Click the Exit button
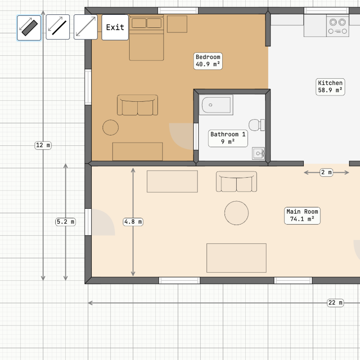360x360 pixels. pos(115,27)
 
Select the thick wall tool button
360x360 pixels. pos(29,28)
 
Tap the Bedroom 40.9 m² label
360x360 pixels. pos(208,61)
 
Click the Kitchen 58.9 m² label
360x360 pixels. pos(330,87)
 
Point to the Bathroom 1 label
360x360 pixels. pos(228,138)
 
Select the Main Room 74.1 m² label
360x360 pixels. pos(302,216)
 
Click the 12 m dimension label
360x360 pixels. pos(43,145)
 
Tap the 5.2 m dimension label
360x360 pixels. pos(66,222)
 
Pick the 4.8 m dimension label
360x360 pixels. pos(133,222)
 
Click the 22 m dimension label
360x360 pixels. pos(335,303)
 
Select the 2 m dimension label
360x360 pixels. pos(326,172)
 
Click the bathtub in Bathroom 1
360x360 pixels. pos(216,105)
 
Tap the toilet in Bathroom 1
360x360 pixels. pos(257,125)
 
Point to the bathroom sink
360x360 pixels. pos(258,153)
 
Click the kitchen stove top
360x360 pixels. pos(338,27)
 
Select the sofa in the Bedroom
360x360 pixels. pos(138,105)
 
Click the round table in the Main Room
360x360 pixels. pos(237,213)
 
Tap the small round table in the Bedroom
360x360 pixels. pos(111,127)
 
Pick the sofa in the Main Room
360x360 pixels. pos(237,182)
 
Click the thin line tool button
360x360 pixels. pos(58,27)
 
